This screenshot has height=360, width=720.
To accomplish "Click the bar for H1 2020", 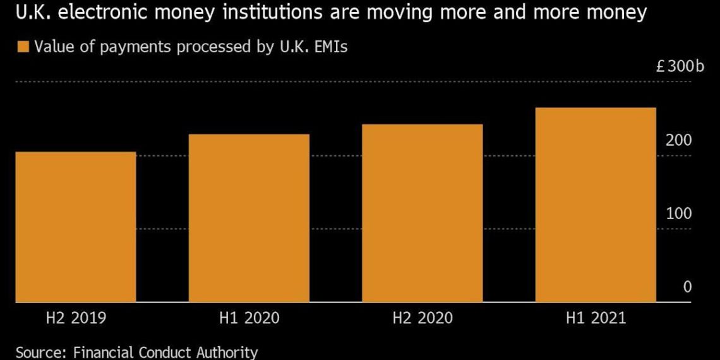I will (x=249, y=217).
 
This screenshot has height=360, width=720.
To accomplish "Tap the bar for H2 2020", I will (x=423, y=212).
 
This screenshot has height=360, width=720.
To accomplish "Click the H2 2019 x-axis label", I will (x=76, y=318).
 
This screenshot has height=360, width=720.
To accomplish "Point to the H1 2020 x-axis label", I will (x=249, y=318).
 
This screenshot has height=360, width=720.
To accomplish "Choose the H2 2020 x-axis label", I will (x=423, y=318).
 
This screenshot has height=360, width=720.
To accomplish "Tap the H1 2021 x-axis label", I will (x=596, y=318).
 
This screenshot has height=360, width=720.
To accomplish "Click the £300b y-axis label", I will (x=680, y=67).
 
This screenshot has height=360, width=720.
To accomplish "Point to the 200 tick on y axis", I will (x=679, y=140).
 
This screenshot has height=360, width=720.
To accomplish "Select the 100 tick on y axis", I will (x=679, y=213).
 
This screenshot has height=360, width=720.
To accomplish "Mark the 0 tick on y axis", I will (x=687, y=287).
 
